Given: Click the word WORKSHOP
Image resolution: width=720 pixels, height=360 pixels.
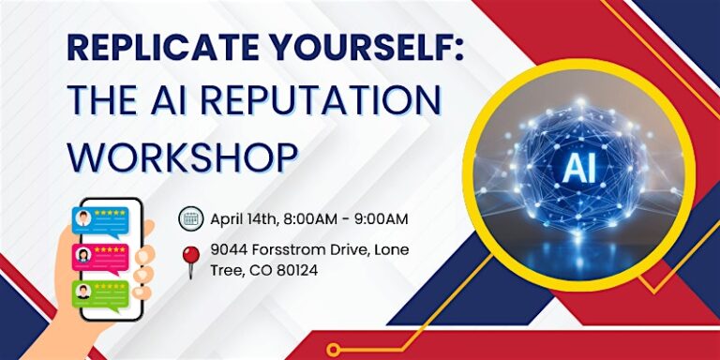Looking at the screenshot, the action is click(182, 155).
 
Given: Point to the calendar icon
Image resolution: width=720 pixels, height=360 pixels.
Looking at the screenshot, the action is click(190, 218).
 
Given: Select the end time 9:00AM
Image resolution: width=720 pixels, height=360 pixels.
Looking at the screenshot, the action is click(382, 219).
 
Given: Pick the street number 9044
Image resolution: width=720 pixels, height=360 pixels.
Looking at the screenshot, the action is click(227, 250).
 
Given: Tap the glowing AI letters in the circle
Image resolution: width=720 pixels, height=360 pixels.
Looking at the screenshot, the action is click(579, 168).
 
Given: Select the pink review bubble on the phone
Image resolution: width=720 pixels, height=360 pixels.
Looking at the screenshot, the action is click(100, 259).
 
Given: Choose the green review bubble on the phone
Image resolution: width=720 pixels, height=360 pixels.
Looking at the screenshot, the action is click(100, 295).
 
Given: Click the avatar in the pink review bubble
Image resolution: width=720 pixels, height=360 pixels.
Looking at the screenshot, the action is click(83, 255).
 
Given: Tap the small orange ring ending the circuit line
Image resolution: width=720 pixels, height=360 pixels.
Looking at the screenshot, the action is click(334, 349).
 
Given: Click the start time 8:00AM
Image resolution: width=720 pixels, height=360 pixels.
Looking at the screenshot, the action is click(310, 219).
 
